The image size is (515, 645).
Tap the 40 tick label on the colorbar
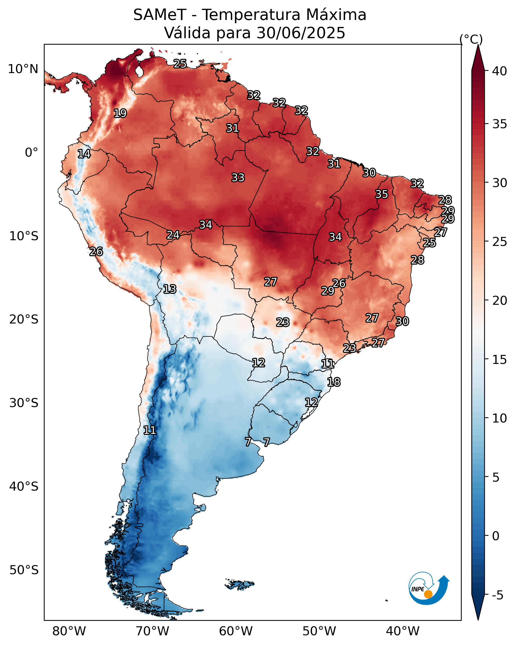coord(500,71)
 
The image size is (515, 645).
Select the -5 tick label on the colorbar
coord(498,595)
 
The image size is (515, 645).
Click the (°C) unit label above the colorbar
coord(471,39)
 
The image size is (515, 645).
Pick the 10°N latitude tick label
coord(23,69)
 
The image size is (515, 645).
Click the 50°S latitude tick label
coord(24,570)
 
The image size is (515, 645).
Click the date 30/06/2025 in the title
coord(301,33)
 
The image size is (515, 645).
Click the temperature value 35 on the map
coord(382,194)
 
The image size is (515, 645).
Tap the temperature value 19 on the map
coord(120,113)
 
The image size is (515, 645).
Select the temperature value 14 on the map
coord(84,154)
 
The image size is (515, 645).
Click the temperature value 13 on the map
coord(170,289)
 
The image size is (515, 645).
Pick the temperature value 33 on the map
coord(238,178)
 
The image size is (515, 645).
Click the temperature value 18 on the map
coord(334,382)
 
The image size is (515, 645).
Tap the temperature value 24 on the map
coord(173,235)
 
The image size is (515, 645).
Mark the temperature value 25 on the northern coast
coord(180,64)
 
